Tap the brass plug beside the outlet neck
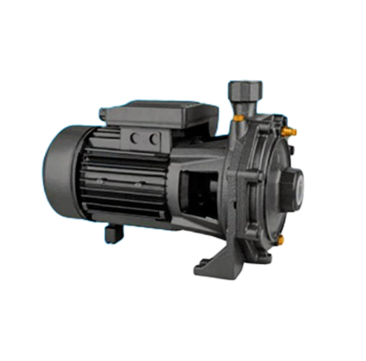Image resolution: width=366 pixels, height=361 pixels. [237, 119]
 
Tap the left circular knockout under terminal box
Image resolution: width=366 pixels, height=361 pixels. [135, 138]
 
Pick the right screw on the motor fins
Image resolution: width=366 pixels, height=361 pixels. [137, 185]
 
